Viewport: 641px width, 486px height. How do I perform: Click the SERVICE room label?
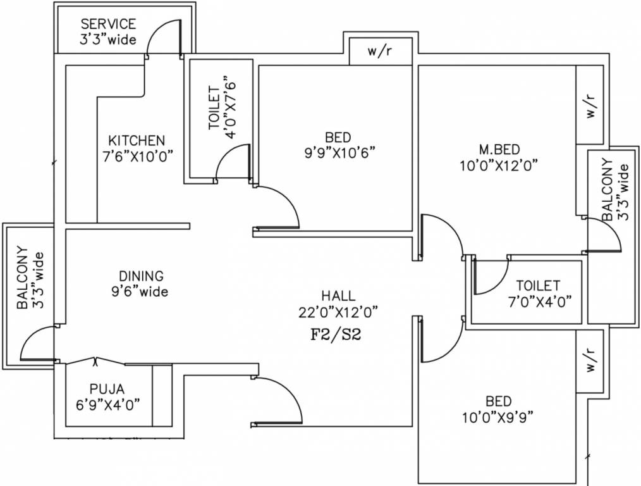coord(107,24)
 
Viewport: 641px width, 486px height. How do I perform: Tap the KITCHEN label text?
coord(137,140)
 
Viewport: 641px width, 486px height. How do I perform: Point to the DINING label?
coord(141,277)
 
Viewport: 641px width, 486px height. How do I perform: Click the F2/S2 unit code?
coord(335,335)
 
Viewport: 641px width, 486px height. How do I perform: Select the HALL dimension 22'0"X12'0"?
coord(338,311)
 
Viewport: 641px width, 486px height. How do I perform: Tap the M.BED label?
coord(499,149)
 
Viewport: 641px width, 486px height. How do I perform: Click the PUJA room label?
coord(107,389)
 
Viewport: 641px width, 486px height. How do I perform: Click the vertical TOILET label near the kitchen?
coord(214,109)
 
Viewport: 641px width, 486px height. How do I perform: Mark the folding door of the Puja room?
coord(95,362)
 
